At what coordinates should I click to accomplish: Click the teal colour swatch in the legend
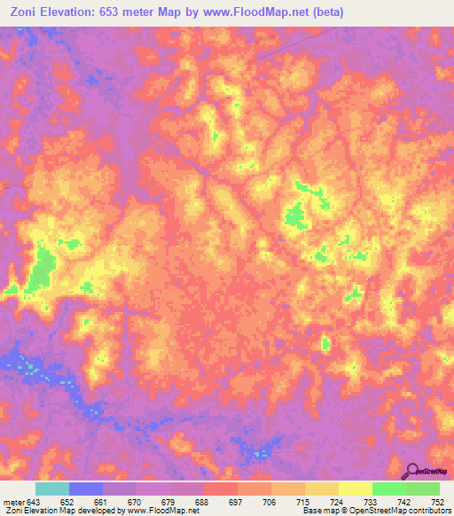point(52,489)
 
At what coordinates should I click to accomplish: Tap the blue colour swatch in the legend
point(86,489)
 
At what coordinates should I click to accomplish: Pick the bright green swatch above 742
point(388,489)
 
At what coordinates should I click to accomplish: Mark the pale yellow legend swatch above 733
point(355,489)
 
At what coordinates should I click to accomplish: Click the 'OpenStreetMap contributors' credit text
point(400,511)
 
